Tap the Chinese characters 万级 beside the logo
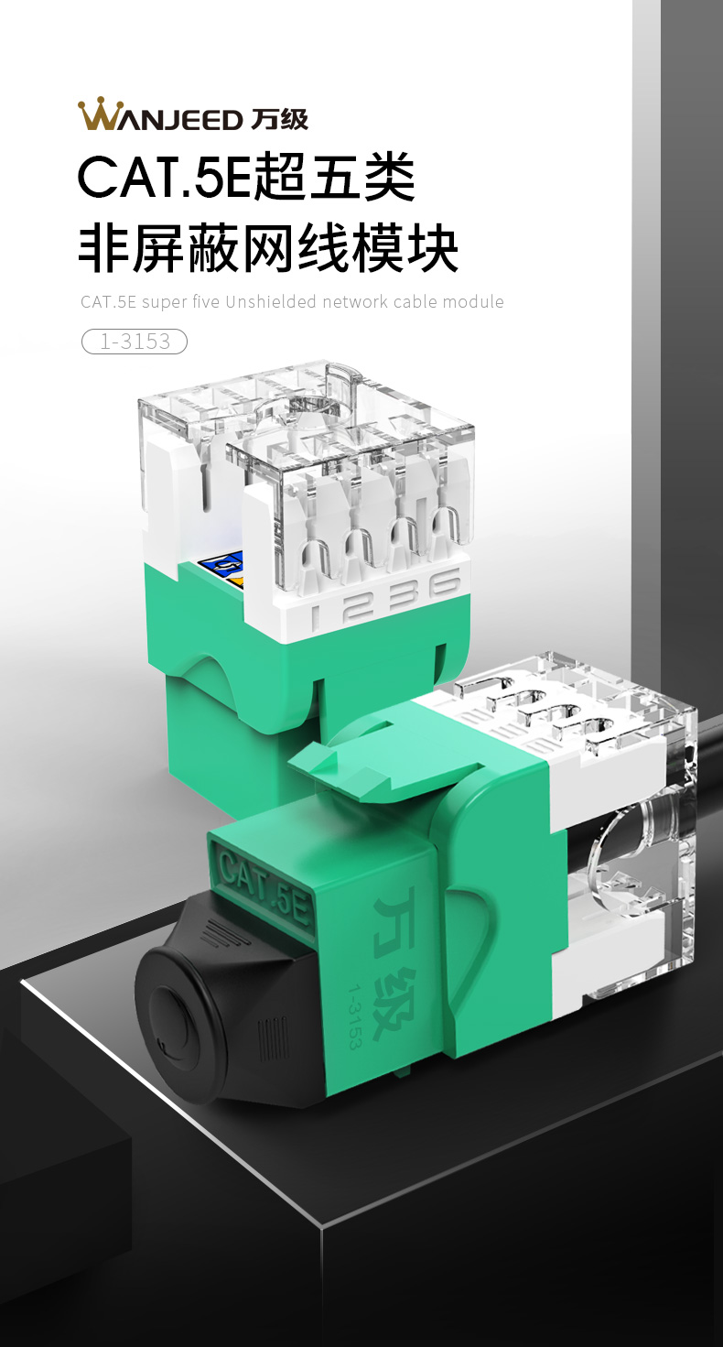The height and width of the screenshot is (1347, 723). point(279,119)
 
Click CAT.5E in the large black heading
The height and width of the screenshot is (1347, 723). point(164,177)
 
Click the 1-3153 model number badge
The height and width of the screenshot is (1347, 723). point(135,342)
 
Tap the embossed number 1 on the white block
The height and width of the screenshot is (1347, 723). point(315,616)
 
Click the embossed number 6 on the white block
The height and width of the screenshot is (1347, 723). point(445,583)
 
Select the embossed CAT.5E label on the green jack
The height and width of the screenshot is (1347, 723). point(264,885)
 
